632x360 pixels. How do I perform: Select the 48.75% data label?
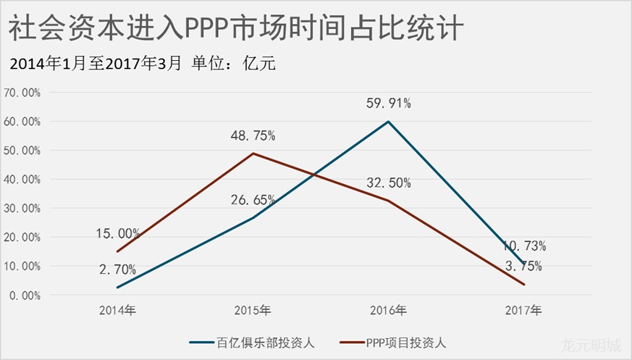[x=253, y=135]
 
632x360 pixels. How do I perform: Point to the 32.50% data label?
[x=389, y=183]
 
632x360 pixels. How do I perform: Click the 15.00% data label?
[x=117, y=233]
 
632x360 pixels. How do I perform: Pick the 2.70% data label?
[x=117, y=269]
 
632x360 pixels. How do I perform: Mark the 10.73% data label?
[x=524, y=246]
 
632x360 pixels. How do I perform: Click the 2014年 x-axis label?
[x=117, y=310]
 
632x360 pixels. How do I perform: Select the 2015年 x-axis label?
[x=253, y=310]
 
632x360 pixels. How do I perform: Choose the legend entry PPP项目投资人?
[x=406, y=342]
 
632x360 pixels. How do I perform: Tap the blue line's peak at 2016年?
[x=389, y=121]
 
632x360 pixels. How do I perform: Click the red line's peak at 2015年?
[x=253, y=154]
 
